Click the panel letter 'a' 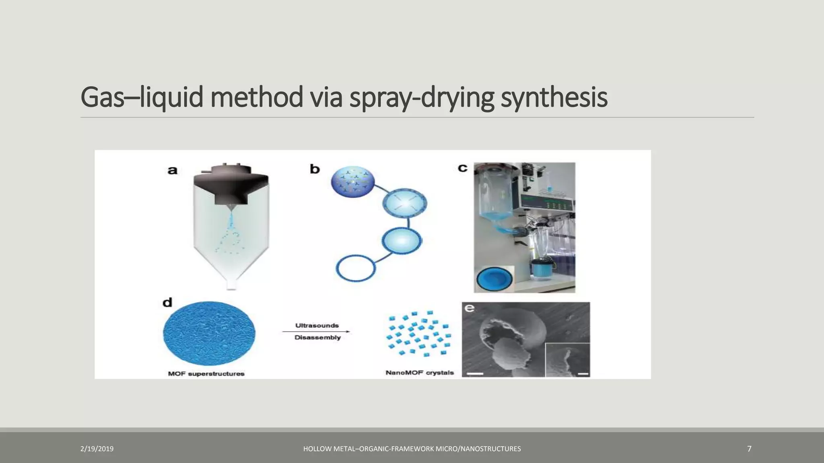tap(172, 170)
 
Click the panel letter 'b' tap(315, 169)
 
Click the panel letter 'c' tap(463, 168)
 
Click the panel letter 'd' tap(167, 302)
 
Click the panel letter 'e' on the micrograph tap(469, 308)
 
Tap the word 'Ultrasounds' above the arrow tap(317, 326)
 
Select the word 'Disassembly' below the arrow tap(317, 338)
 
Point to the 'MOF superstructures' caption tap(206, 374)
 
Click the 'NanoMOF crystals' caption tap(420, 373)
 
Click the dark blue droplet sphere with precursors tap(352, 182)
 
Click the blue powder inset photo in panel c tap(494, 279)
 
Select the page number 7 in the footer tap(749, 449)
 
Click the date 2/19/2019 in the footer tap(97, 449)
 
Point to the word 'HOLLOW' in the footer tap(318, 449)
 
